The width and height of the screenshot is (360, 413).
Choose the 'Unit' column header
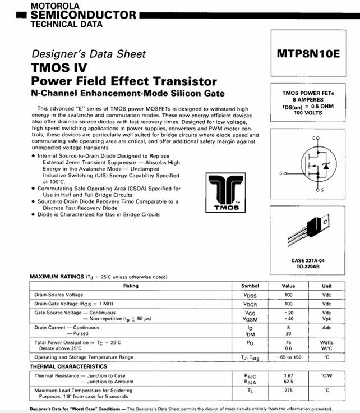(x=326, y=286)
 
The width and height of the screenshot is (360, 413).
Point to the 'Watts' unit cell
(x=326, y=342)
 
